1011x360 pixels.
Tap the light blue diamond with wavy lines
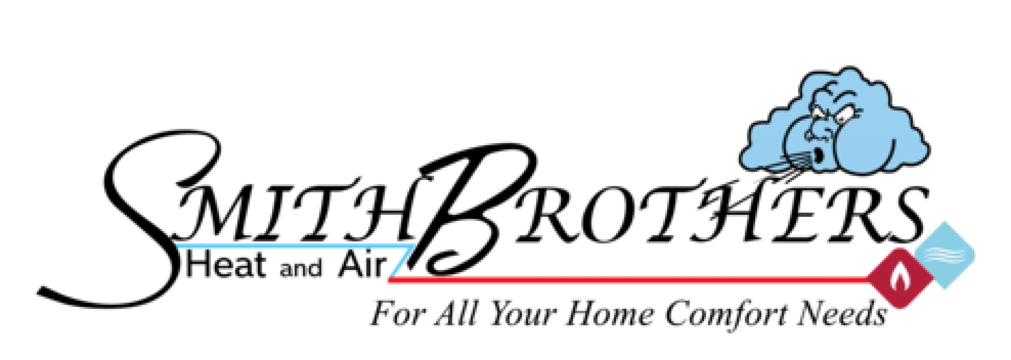coord(945,255)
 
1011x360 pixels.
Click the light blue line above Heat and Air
coord(295,246)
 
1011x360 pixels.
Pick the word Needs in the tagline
coord(843,315)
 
